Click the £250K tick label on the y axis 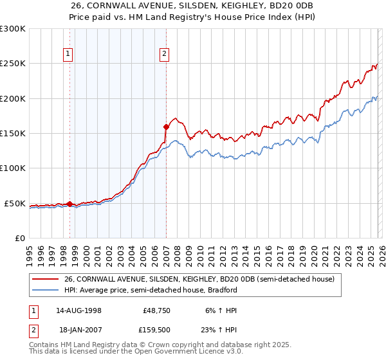coord(13,64)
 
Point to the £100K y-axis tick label coord(13,168)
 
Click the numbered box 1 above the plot coord(68,55)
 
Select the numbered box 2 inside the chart coord(165,55)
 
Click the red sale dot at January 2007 coord(166,127)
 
